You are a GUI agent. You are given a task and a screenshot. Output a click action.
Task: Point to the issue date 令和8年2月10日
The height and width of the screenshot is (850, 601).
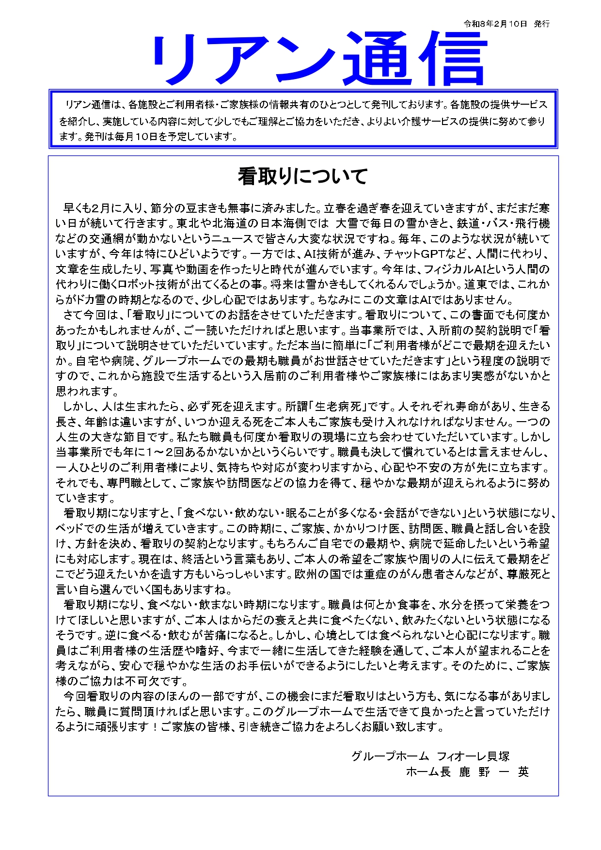[x=495, y=24]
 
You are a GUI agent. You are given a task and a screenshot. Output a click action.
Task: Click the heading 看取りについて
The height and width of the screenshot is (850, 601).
[x=302, y=176]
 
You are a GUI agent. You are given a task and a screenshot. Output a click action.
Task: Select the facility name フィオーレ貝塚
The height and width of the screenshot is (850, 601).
[x=473, y=756]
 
